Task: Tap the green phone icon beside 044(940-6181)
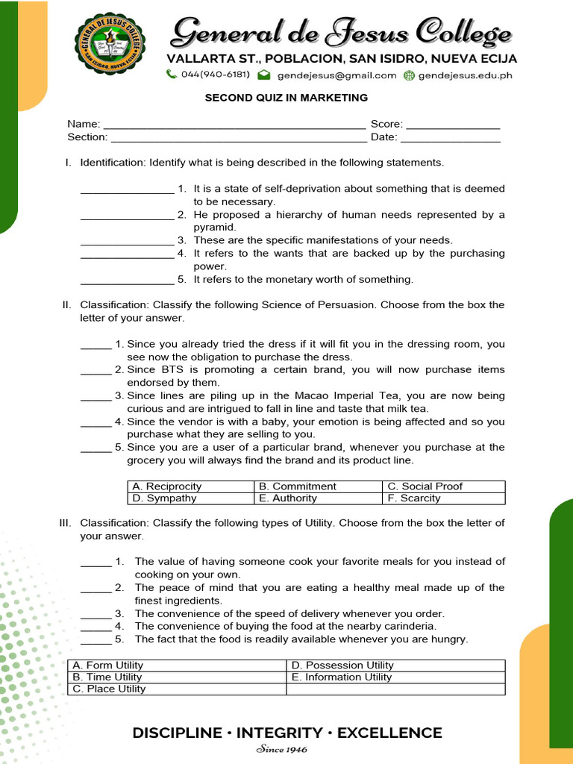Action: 172,75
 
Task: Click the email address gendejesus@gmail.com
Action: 336,75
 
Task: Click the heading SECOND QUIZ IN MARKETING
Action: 286,98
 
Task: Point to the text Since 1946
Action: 281,750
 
